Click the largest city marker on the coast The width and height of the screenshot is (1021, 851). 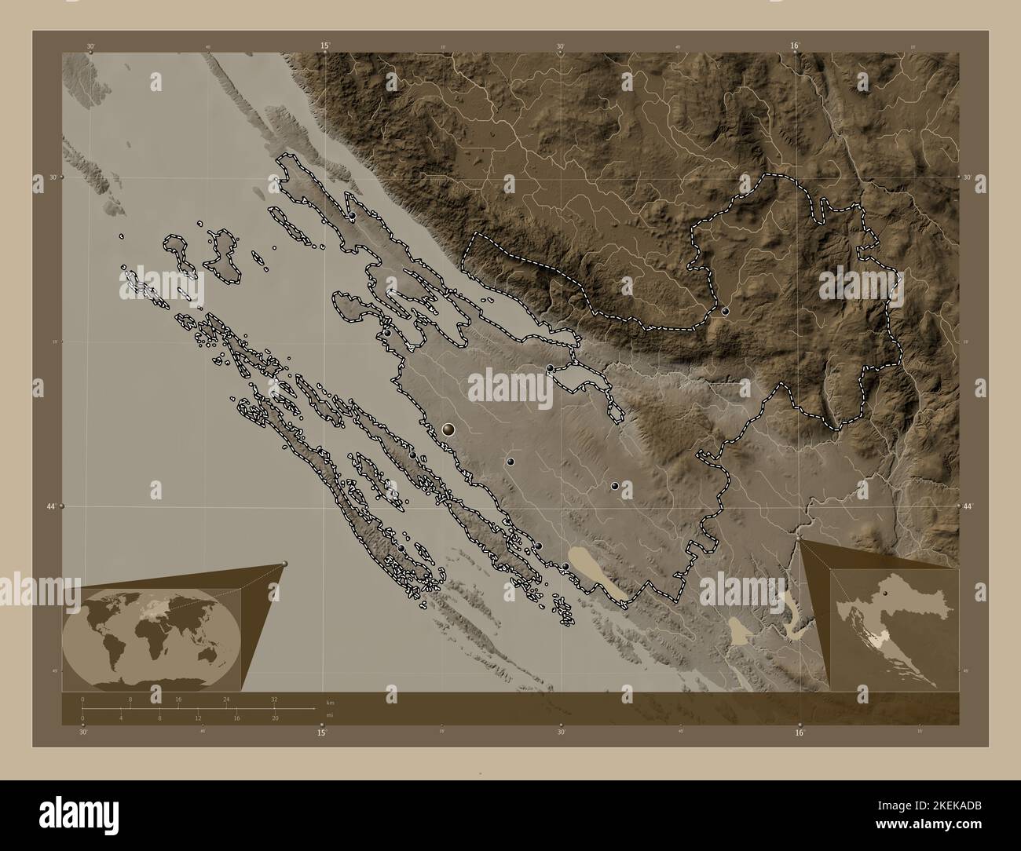[x=448, y=429]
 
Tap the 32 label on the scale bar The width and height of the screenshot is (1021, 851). [x=273, y=699]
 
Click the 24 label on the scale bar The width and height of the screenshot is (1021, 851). [x=226, y=699]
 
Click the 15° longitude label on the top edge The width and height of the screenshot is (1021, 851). [x=324, y=46]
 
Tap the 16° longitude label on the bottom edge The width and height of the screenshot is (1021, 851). [x=799, y=733]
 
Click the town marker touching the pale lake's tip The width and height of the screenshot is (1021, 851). [x=565, y=566]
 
